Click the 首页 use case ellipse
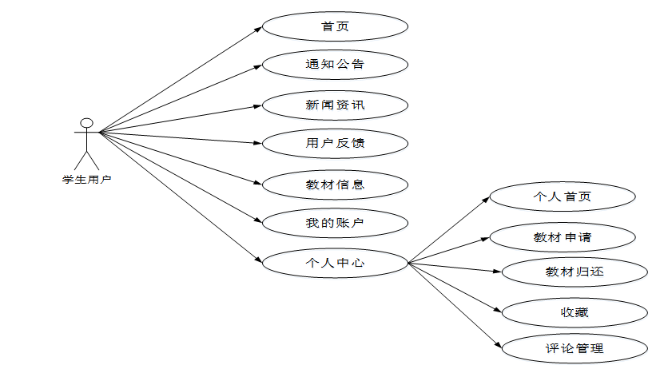335,26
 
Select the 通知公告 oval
335,64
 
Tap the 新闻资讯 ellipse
335,105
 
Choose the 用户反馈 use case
335,144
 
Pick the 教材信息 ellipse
335,185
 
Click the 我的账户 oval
335,222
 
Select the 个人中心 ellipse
335,262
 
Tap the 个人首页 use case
562,196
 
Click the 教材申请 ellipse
562,236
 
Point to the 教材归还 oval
574,272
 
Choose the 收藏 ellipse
574,312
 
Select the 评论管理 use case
574,348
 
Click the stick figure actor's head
86,123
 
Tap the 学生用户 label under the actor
86,179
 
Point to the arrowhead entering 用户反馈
259,144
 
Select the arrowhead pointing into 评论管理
499,345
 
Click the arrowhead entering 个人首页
486,199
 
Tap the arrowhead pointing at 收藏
499,309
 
